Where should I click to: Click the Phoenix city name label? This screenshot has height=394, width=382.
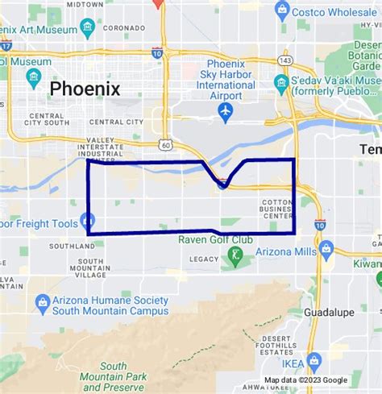point(85,89)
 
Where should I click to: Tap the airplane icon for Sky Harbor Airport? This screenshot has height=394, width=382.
point(226,110)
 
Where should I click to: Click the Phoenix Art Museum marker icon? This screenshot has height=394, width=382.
point(87,29)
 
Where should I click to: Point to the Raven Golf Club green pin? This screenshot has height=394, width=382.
point(235,257)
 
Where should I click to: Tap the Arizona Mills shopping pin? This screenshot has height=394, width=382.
point(326,249)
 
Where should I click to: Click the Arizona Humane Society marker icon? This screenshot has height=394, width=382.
point(43,304)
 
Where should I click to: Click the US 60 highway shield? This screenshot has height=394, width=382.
point(165,145)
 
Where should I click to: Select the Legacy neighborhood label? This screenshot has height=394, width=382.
point(204,259)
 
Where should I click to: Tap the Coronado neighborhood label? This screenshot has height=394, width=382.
point(123,27)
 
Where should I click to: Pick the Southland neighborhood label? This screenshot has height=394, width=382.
point(72,246)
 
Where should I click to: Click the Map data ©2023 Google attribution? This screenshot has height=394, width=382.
point(306,380)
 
